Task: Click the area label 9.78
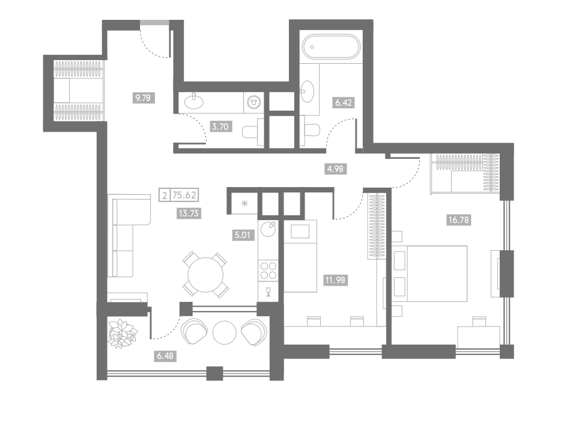[x=143, y=98]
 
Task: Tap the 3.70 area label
[x=220, y=126]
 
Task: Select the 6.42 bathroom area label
[x=343, y=102]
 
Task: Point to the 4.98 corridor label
[x=335, y=169]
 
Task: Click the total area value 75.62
[x=184, y=195]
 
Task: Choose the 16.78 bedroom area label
[x=458, y=220]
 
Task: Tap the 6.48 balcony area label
[x=165, y=355]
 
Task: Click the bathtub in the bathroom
[x=331, y=46]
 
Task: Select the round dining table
[x=205, y=275]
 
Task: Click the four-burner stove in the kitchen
[x=268, y=271]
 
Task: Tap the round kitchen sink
[x=268, y=229]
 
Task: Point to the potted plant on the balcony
[x=123, y=334]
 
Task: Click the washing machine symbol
[x=254, y=102]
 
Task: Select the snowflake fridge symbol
[x=244, y=203]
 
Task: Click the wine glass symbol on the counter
[x=268, y=292]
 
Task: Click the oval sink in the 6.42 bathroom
[x=307, y=91]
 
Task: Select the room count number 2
[x=165, y=195]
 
